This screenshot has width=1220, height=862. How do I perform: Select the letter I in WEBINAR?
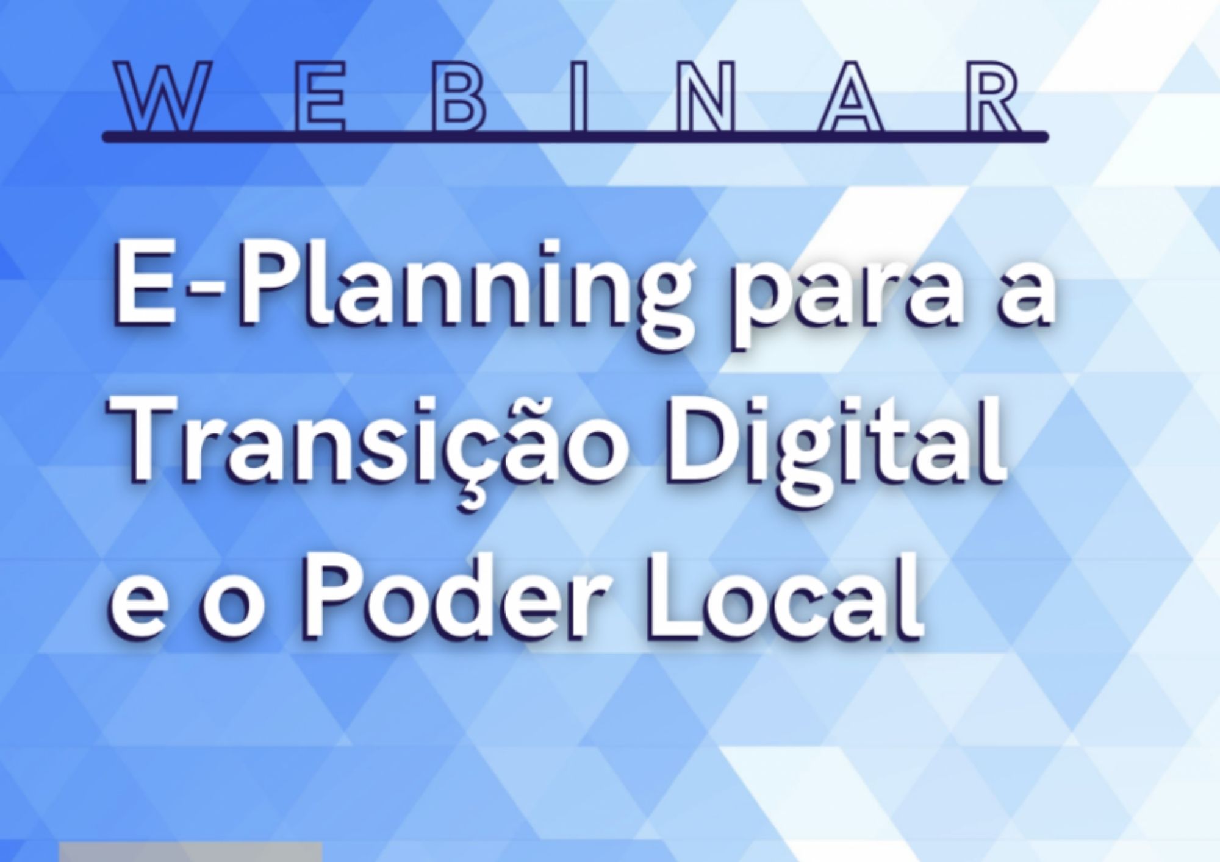pyautogui.click(x=580, y=96)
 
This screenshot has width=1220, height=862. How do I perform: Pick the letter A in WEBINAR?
pyautogui.click(x=850, y=96)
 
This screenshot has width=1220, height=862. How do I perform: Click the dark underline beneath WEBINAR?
pyautogui.click(x=575, y=137)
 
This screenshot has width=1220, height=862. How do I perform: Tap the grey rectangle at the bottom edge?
pyautogui.click(x=190, y=852)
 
